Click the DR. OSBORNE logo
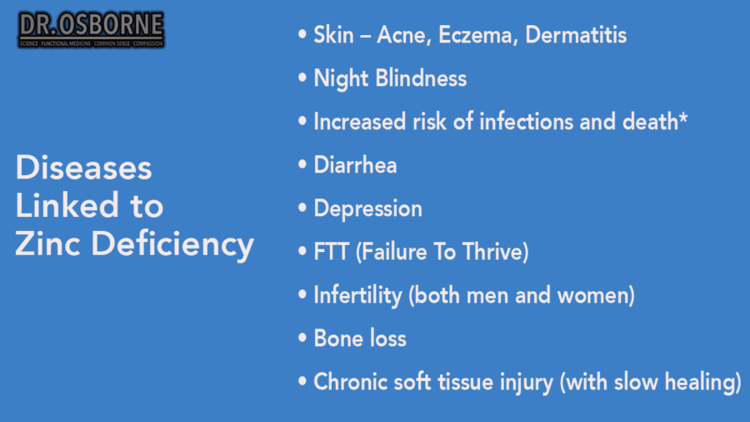(x=91, y=29)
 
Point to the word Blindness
(x=421, y=78)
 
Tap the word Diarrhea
(x=355, y=165)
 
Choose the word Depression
(x=367, y=209)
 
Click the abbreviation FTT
(x=332, y=252)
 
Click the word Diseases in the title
(x=83, y=168)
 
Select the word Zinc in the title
(x=49, y=244)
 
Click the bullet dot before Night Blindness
(x=302, y=78)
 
